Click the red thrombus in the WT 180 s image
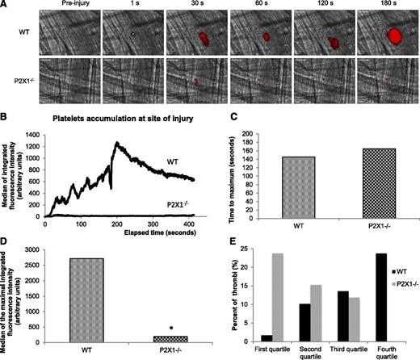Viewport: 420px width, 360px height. point(395,36)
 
